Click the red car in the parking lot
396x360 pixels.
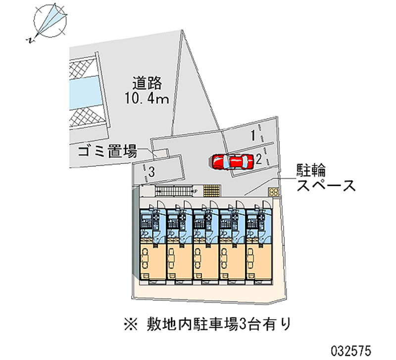(231, 161)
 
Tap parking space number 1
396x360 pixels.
(252, 135)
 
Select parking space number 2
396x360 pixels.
(258, 158)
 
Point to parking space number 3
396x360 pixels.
(152, 172)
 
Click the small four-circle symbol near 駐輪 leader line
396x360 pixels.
(273, 191)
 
